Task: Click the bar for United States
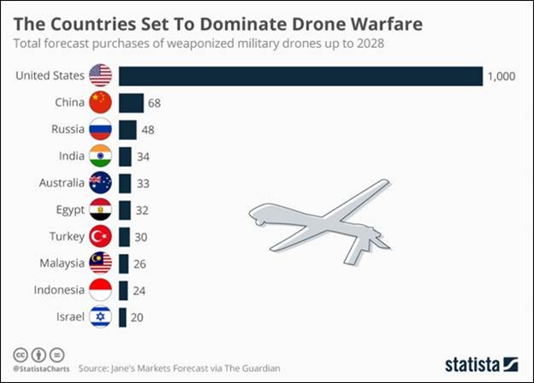300,76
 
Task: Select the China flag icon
100,103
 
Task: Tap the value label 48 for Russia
148,130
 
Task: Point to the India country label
72,156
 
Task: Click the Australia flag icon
100,183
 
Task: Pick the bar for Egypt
125,209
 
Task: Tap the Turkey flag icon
100,236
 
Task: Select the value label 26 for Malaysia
139,263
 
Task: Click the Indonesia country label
60,290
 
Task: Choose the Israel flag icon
100,316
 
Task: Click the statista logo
480,362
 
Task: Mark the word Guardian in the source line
258,368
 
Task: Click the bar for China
131,103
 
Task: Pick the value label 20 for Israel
137,316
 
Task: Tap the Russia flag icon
100,130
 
